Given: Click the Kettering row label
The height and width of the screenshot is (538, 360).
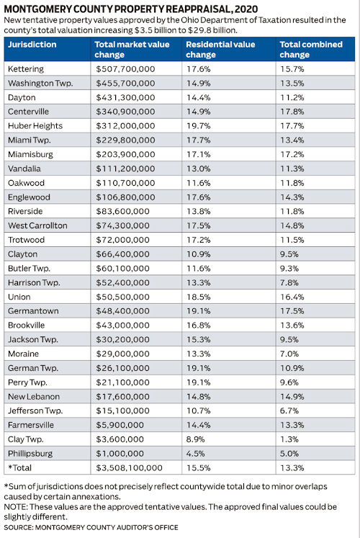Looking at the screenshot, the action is pyautogui.click(x=26, y=69).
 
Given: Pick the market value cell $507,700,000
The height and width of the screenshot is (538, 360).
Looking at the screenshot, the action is pyautogui.click(x=125, y=69).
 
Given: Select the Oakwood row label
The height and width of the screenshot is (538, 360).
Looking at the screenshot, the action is pyautogui.click(x=27, y=183).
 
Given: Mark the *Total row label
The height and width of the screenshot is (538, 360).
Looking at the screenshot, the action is pyautogui.click(x=22, y=467).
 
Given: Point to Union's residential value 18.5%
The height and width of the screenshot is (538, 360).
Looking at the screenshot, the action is pyautogui.click(x=198, y=296).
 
